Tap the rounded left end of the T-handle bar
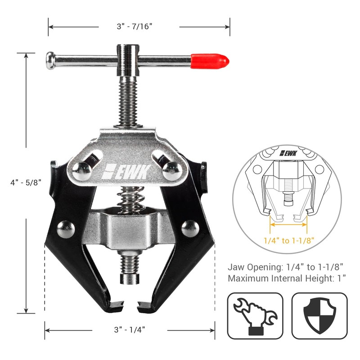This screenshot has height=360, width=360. click(50, 60)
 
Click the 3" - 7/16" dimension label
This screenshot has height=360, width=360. click(139, 27)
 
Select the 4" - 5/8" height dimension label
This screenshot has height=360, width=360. click(26, 182)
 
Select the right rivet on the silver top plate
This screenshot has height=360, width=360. click(172, 168)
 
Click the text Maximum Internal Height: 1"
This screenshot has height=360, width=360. click(287, 278)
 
